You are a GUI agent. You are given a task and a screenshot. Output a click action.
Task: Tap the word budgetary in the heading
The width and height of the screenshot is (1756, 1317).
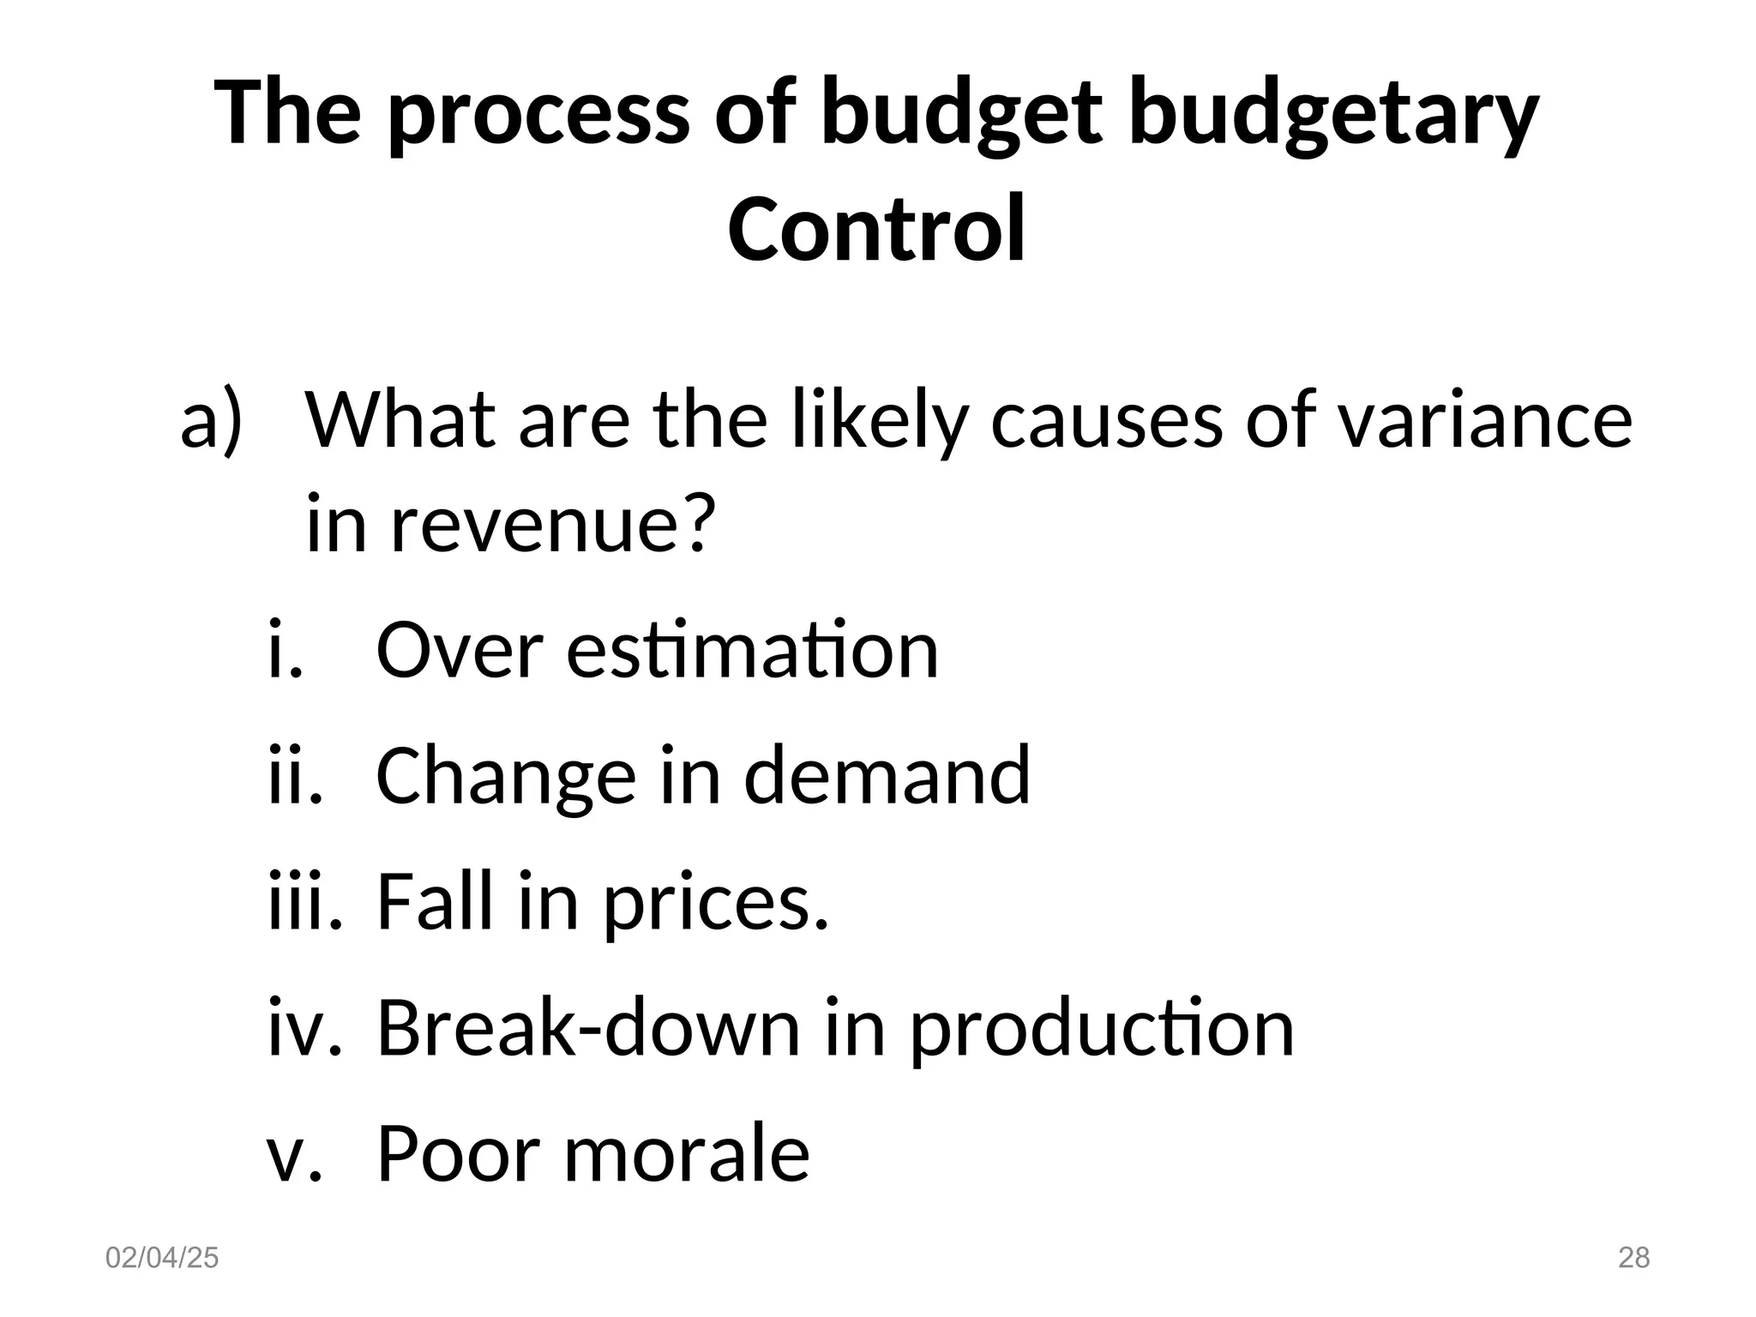[x=1333, y=116]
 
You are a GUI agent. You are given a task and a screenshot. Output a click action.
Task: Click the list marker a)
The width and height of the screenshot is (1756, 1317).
[x=212, y=420]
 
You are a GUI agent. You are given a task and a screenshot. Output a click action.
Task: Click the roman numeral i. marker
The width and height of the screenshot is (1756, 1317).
[x=286, y=649]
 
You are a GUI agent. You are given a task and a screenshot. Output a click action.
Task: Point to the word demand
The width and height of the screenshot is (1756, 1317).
[x=887, y=775]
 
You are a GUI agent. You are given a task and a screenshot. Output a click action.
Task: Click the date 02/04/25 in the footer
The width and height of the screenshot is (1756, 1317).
[x=162, y=1258]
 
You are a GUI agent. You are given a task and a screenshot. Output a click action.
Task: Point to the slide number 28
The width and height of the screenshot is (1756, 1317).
[x=1633, y=1258]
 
